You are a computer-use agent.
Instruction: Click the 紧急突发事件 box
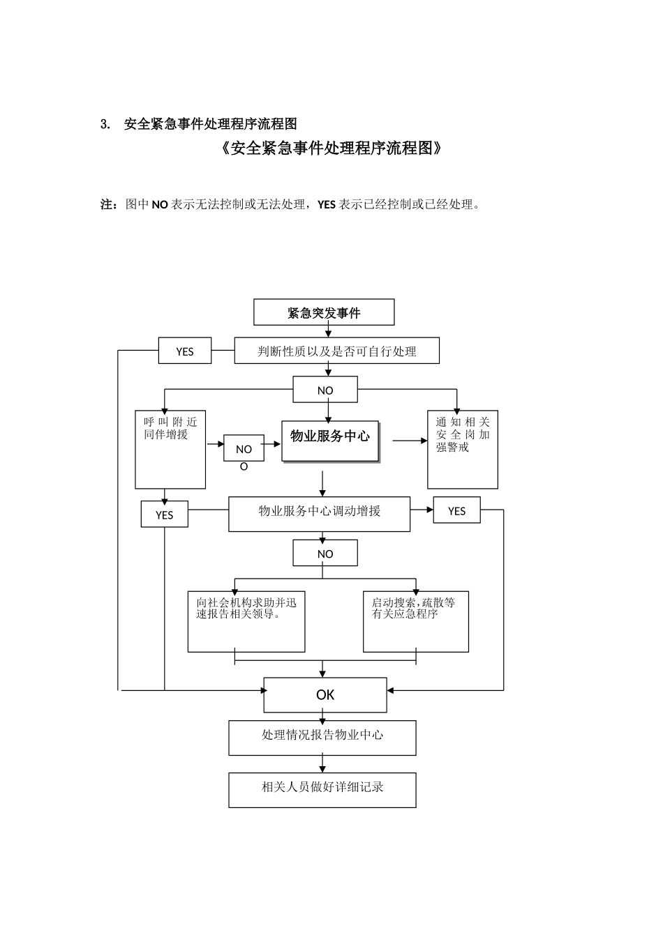coord(324,312)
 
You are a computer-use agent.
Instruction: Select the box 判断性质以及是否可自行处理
coord(336,351)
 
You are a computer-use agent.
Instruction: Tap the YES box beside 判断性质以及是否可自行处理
coord(185,351)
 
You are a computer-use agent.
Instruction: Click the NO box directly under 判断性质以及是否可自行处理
coord(325,390)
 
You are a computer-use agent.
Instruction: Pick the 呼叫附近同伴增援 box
coord(170,450)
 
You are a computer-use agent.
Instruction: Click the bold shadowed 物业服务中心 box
coord(330,441)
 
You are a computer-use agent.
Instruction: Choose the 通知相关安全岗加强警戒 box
coord(463,450)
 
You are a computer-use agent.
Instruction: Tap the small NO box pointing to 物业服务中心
coord(244,449)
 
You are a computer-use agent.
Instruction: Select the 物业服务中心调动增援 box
coord(320,514)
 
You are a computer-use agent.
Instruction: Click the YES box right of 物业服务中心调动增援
coord(456,510)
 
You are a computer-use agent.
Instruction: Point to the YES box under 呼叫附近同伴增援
coord(165,515)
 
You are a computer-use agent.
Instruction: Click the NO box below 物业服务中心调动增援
coord(325,554)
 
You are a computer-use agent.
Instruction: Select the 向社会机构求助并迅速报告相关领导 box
coord(246,622)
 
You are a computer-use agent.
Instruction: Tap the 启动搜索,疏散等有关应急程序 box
coord(416,622)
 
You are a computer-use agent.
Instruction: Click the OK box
coord(325,694)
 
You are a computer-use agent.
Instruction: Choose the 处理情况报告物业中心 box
coord(322,738)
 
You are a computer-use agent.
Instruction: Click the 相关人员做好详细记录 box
coord(322,790)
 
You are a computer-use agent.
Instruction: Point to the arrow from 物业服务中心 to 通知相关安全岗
coord(410,441)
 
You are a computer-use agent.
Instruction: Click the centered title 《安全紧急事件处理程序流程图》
coord(331,148)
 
